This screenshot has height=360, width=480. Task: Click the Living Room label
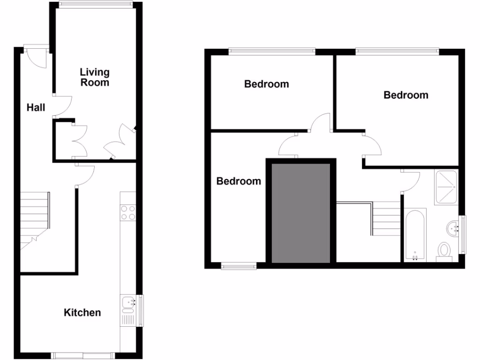click(x=95, y=77)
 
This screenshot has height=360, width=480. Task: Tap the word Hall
click(x=36, y=108)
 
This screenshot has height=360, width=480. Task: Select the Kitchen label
click(x=82, y=312)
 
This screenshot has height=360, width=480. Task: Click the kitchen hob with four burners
click(x=128, y=212)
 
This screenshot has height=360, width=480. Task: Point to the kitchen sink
click(x=127, y=303)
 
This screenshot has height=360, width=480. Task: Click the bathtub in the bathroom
click(x=415, y=234)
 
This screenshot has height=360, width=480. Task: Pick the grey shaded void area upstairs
click(x=301, y=211)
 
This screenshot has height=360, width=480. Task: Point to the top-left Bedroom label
click(x=267, y=84)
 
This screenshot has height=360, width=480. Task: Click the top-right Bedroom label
click(x=406, y=95)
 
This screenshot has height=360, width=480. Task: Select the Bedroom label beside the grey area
click(x=239, y=181)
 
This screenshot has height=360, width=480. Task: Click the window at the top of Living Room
click(x=96, y=4)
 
